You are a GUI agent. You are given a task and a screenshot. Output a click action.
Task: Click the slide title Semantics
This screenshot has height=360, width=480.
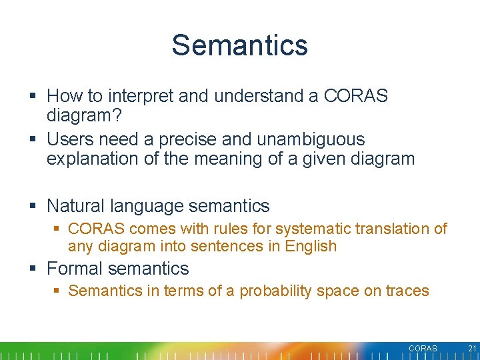click(239, 45)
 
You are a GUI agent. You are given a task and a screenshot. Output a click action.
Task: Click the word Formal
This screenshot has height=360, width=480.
click(75, 269)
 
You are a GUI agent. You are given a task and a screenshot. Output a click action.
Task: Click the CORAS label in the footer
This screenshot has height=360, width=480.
click(423, 349)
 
